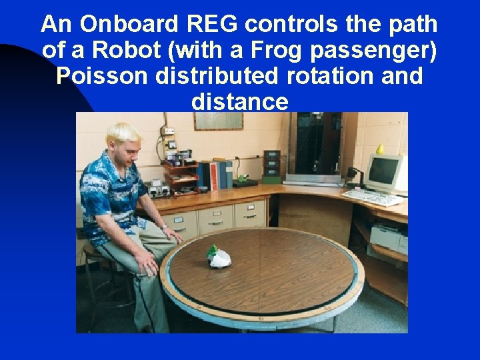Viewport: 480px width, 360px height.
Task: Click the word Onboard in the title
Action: coord(126,25)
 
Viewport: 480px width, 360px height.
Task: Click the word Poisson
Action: coord(103,76)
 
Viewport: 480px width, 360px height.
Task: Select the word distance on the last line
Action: coord(239,102)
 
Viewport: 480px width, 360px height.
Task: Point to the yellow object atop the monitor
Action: coord(380,148)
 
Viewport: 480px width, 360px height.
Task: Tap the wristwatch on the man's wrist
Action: coord(164,227)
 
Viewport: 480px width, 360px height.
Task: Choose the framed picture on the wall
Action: coord(218,121)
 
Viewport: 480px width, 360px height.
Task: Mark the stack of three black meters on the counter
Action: coord(272,165)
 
